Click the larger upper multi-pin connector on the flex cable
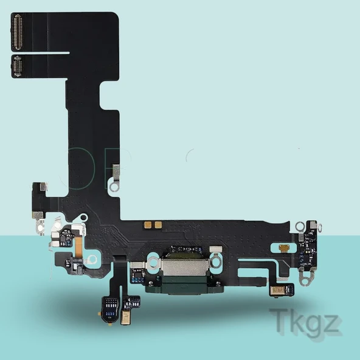(x=18, y=32)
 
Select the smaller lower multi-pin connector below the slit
(x=17, y=66)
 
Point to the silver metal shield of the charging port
(x=185, y=267)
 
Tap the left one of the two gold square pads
(x=147, y=225)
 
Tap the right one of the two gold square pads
(x=158, y=225)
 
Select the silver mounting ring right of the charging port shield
(x=216, y=261)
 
